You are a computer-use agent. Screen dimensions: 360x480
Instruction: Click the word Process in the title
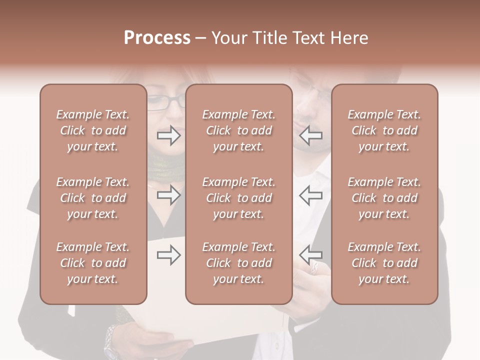click(x=157, y=38)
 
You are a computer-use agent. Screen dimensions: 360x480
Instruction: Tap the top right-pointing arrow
click(x=168, y=135)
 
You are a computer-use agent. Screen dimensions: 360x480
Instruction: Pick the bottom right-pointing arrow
click(x=168, y=255)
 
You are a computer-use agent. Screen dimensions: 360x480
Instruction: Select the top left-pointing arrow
click(x=311, y=135)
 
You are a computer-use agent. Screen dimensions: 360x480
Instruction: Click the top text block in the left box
click(x=93, y=130)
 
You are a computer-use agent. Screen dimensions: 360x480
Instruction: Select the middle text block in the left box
click(x=93, y=198)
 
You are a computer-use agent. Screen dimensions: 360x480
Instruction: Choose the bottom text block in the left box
click(x=93, y=263)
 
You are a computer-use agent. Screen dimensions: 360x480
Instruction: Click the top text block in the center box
click(x=238, y=130)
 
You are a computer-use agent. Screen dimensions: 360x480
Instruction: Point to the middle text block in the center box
click(x=238, y=198)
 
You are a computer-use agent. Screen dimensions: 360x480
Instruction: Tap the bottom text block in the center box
click(x=238, y=263)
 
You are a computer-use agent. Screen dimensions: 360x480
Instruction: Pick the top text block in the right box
click(x=384, y=130)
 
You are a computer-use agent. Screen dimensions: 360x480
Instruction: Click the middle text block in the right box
click(x=384, y=198)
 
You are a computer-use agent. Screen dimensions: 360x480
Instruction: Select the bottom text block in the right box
click(x=384, y=263)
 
